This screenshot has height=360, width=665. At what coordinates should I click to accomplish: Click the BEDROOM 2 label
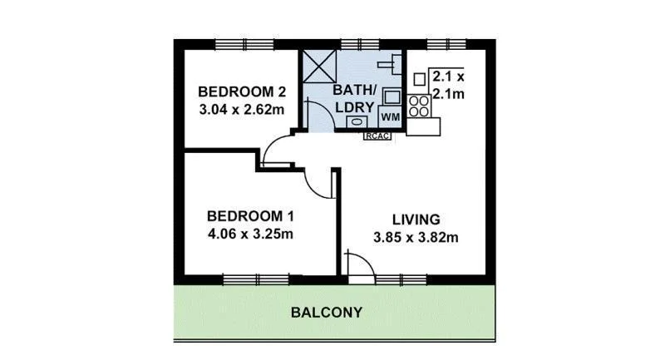pyautogui.click(x=242, y=91)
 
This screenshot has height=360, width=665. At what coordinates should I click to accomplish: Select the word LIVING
pyautogui.click(x=416, y=219)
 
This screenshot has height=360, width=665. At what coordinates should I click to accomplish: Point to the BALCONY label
pyautogui.click(x=327, y=313)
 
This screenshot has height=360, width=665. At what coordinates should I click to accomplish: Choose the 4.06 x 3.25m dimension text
pyautogui.click(x=250, y=234)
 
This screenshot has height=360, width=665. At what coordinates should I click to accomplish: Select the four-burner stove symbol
pyautogui.click(x=419, y=106)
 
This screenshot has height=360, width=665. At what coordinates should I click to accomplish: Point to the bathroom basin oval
pyautogui.click(x=356, y=121)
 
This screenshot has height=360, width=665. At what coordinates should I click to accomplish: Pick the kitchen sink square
pyautogui.click(x=419, y=78)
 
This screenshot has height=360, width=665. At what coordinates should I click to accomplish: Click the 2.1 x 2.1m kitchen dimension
pyautogui.click(x=447, y=85)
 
